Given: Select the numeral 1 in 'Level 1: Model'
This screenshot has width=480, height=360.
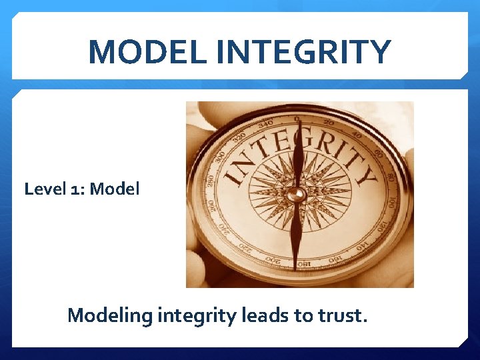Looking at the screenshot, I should click(75, 189).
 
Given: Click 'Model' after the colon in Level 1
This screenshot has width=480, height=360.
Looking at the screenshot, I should click(115, 189).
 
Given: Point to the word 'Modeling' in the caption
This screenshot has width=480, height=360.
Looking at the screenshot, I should click(110, 315).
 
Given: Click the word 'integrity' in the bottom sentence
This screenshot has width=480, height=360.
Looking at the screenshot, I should click(196, 315).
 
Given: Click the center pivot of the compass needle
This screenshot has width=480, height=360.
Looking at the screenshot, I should click(297, 194).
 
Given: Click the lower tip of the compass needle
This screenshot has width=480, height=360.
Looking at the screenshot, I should click(295, 267).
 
